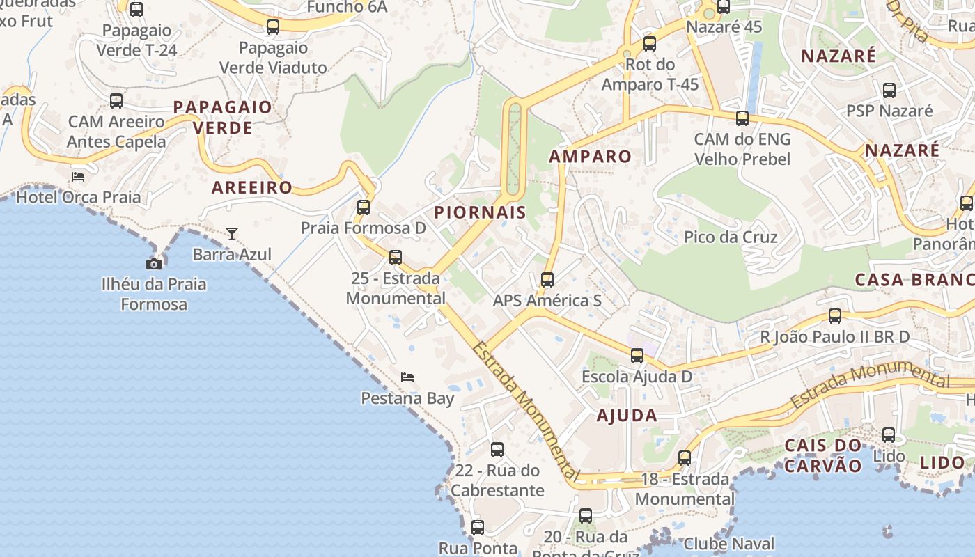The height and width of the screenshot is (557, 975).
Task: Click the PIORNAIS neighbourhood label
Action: pyautogui.click(x=480, y=213)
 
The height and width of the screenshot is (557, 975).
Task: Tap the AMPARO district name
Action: pyautogui.click(x=590, y=157)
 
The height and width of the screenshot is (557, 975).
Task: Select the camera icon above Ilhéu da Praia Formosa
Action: pyautogui.click(x=154, y=264)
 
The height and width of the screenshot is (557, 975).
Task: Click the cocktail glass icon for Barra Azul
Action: pyautogui.click(x=231, y=234)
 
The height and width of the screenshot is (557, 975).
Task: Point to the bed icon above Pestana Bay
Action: pyautogui.click(x=407, y=377)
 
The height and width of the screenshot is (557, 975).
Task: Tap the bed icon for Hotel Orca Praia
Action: pyautogui.click(x=78, y=176)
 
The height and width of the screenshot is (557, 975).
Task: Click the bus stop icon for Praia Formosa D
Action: pyautogui.click(x=363, y=207)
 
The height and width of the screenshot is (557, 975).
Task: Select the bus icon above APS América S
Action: pyautogui.click(x=547, y=280)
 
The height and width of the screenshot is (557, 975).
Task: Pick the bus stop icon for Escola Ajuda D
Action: pyautogui.click(x=637, y=356)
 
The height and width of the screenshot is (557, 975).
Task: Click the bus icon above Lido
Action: pyautogui.click(x=889, y=435)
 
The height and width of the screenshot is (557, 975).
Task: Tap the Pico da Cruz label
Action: pyautogui.click(x=731, y=237)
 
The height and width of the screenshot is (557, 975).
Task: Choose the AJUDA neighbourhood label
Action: pyautogui.click(x=627, y=416)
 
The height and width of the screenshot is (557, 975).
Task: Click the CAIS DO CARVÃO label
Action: pyautogui.click(x=823, y=455)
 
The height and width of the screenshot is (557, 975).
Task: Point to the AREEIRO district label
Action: pyautogui.click(x=252, y=188)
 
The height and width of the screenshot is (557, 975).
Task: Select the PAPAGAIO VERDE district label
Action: pyautogui.click(x=222, y=118)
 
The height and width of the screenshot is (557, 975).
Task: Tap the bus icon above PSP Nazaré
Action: pyautogui.click(x=889, y=90)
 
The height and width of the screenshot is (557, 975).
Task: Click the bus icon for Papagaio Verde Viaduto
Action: pyautogui.click(x=273, y=27)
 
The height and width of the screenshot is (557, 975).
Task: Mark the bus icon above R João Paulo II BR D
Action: pyautogui.click(x=835, y=316)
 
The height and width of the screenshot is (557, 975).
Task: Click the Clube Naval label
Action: pyautogui.click(x=728, y=544)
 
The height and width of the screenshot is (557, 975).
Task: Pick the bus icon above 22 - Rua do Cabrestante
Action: pyautogui.click(x=497, y=450)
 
